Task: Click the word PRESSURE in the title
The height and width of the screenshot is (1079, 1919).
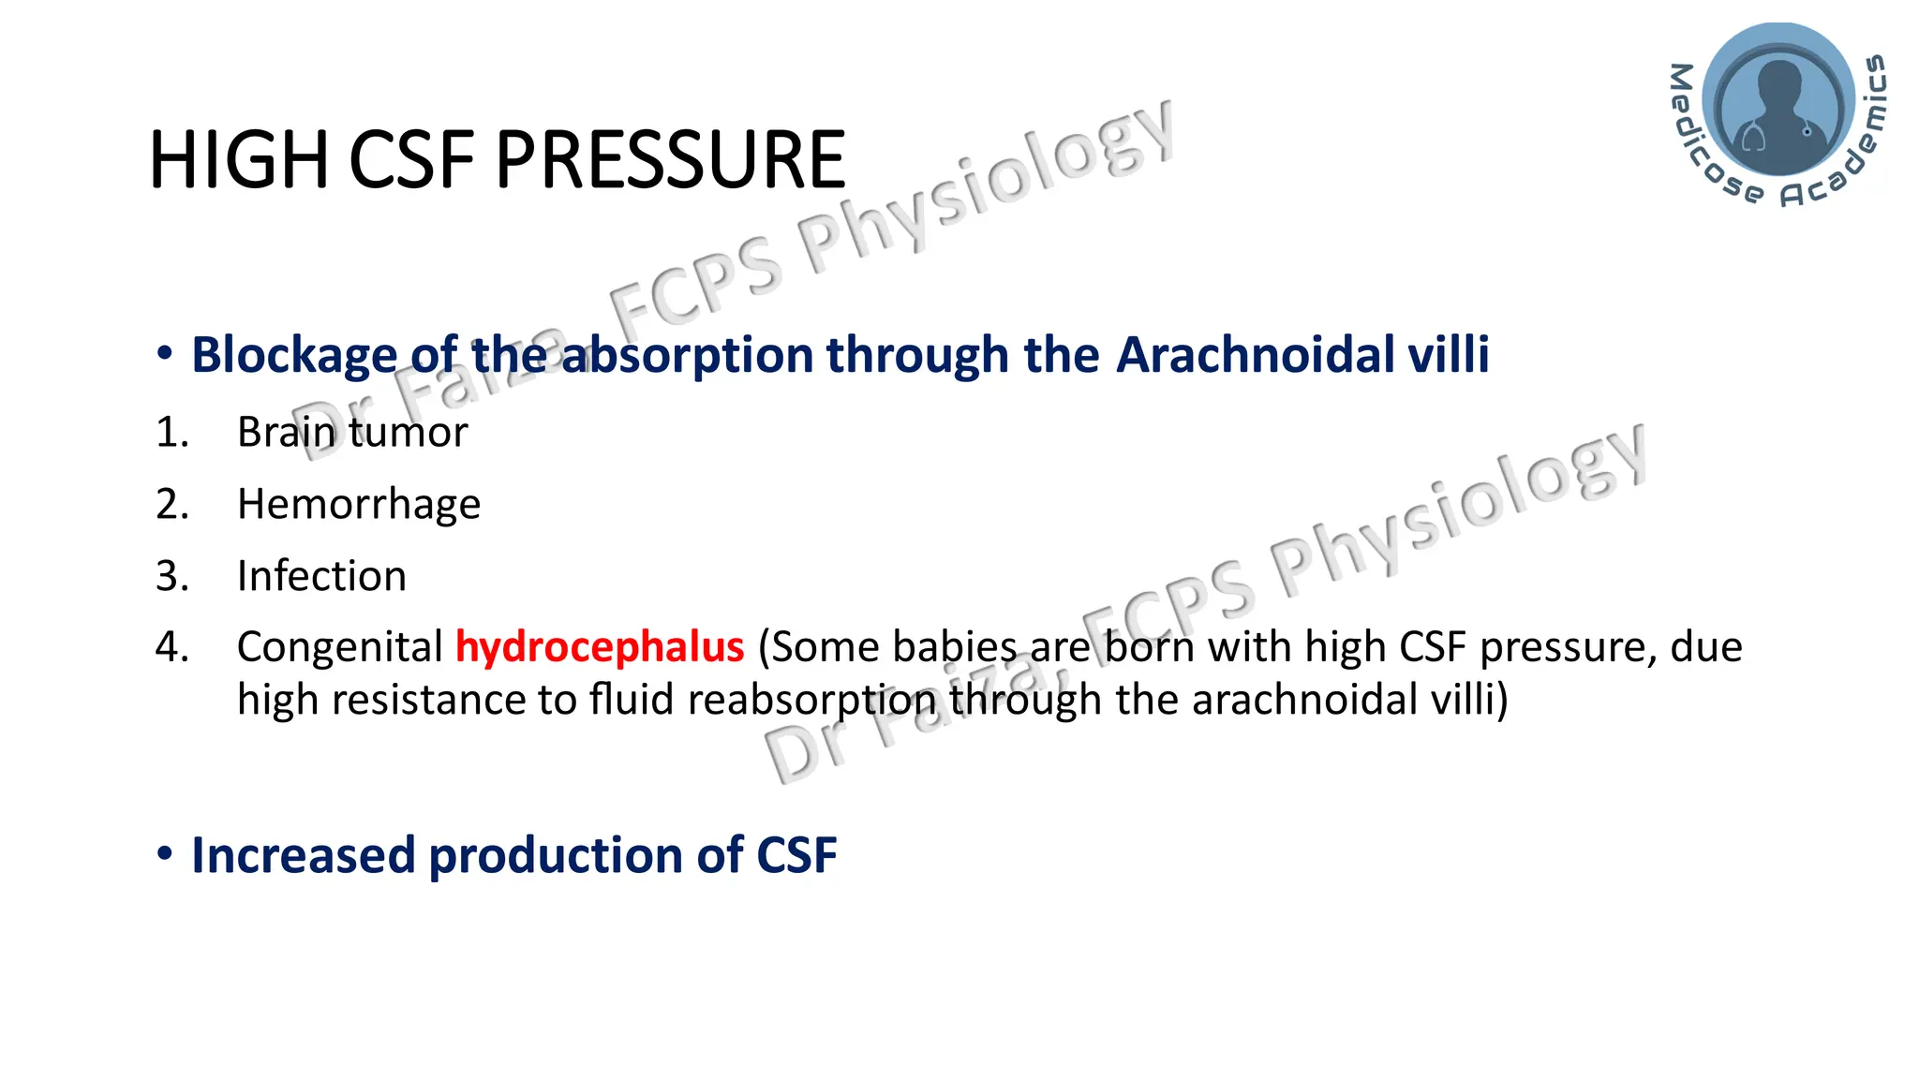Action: pos(670,160)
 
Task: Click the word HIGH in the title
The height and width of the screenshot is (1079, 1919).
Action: pos(239,160)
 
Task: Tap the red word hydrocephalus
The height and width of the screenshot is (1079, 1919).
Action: pos(600,647)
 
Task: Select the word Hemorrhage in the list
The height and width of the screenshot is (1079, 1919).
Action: pos(359,505)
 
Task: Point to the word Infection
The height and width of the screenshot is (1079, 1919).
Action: pos(321,576)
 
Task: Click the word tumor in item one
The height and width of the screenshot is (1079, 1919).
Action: pos(409,433)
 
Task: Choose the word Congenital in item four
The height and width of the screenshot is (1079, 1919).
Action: pos(339,647)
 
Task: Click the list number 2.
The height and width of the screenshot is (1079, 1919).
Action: pos(171,505)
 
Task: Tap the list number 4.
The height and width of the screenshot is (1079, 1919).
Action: pos(171,647)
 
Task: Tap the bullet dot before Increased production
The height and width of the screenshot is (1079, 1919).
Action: pos(165,853)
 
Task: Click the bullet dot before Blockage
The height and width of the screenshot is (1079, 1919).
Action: pos(165,353)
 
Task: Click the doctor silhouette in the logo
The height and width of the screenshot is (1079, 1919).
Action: pos(1778,103)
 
